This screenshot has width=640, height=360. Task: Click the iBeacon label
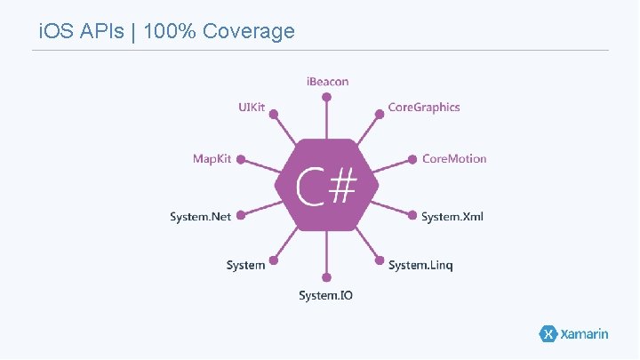point(327,82)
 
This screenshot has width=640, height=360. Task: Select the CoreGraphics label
point(424,108)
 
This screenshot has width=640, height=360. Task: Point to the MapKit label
point(212,159)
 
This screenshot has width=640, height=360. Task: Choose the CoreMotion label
point(454,159)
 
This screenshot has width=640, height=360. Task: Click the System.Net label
point(201,217)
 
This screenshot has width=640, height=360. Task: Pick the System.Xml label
point(452,217)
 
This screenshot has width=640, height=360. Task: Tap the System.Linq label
point(420,266)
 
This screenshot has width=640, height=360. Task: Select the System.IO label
point(325,295)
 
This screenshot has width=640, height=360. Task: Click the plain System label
point(245,266)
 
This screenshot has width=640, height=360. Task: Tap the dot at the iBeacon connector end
point(327,97)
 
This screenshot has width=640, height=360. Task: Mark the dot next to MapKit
point(241,161)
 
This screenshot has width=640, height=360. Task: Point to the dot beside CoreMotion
point(413,160)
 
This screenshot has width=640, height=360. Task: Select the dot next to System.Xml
point(413,214)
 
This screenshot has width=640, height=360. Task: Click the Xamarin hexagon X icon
point(548,334)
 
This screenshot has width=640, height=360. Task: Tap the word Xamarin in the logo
point(584,334)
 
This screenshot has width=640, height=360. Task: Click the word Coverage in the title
point(248,32)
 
